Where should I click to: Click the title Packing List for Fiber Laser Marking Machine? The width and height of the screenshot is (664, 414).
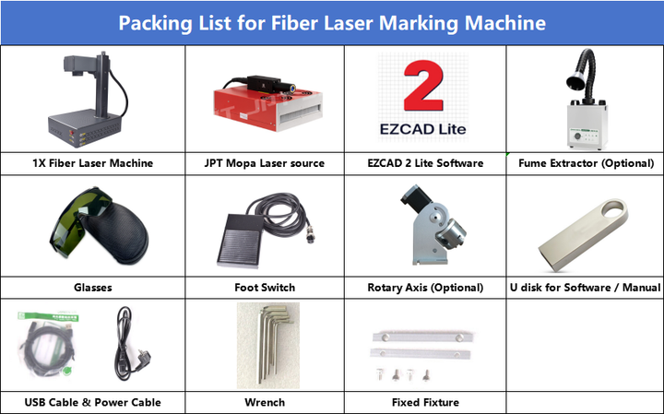coord(332,23)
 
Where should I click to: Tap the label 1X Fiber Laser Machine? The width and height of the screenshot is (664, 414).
coord(93,163)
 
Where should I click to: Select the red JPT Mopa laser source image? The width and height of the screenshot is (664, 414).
coord(267,103)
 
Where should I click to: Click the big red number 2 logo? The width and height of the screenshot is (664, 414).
coord(423,86)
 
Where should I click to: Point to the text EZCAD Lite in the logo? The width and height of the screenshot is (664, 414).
coord(423,129)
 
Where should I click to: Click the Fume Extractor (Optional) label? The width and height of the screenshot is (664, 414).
coord(587,163)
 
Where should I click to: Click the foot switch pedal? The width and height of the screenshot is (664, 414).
coord(240,241)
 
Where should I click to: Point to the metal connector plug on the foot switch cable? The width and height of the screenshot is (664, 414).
coord(310,237)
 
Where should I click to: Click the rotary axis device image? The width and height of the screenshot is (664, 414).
coord(432,225)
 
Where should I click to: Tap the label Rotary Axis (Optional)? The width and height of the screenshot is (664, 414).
coord(425,288)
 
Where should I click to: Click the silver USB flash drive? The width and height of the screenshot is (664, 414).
coord(583,235)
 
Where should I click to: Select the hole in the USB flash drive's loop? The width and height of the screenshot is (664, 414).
coord(612,209)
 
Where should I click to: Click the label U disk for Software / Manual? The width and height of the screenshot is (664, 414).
coord(586,288)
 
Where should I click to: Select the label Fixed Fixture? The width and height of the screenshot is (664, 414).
coord(425,403)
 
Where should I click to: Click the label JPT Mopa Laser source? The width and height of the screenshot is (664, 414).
coord(265,163)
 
